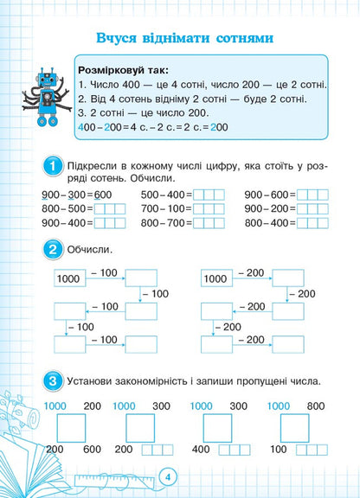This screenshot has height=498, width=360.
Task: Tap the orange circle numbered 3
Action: tap(53, 380)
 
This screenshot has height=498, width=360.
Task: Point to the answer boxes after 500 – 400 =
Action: tap(209, 195)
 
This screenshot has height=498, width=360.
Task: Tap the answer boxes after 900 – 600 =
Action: tap(312, 195)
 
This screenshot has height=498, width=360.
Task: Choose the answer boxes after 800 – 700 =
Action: tap(209, 223)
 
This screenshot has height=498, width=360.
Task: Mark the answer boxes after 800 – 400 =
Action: tap(312, 223)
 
